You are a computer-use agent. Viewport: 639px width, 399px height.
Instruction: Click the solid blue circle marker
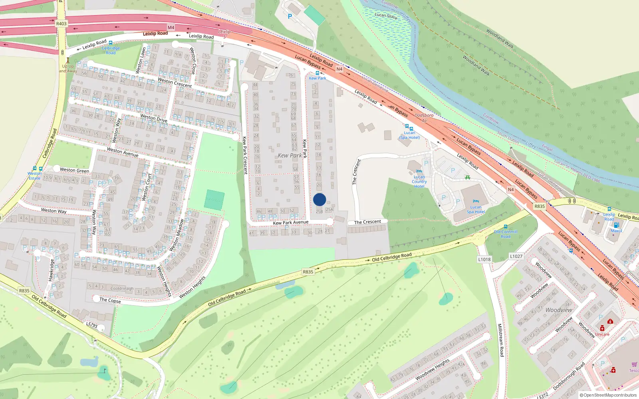pyautogui.click(x=319, y=199)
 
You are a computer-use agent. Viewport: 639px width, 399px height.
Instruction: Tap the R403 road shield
pyautogui.click(x=61, y=24)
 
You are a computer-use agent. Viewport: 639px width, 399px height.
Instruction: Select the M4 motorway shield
pyautogui.click(x=171, y=28)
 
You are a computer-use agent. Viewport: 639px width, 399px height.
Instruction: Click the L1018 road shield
pyautogui.click(x=484, y=259)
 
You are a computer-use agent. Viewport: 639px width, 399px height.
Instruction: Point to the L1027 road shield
pyautogui.click(x=516, y=256)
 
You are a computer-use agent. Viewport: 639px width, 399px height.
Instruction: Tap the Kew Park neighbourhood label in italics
pyautogui.click(x=290, y=155)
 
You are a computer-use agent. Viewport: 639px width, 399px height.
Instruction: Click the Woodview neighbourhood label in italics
pyautogui.click(x=559, y=310)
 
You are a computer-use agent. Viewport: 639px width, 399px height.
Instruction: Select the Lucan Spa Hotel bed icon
pyautogui.click(x=476, y=201)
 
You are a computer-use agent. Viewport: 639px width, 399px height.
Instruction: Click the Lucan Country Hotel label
pyautogui.click(x=419, y=182)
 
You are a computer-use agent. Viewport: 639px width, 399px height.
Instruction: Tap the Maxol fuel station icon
pyautogui.click(x=616, y=225)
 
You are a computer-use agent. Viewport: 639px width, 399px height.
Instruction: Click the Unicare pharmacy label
pyautogui.click(x=602, y=334)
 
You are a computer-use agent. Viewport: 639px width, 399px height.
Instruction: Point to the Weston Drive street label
pyautogui.click(x=154, y=118)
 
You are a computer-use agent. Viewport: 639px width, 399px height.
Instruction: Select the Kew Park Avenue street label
pyautogui.click(x=291, y=223)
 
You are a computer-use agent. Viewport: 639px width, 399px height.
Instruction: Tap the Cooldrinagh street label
pyautogui.click(x=122, y=288)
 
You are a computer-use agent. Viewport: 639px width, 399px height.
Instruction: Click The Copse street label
pyautogui.click(x=110, y=300)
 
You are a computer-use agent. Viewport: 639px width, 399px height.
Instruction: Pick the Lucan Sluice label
pyautogui.click(x=386, y=16)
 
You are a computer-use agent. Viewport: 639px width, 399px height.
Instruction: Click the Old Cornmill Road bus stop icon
pyautogui.click(x=506, y=227)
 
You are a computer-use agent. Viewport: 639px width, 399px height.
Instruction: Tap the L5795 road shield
pyautogui.click(x=92, y=325)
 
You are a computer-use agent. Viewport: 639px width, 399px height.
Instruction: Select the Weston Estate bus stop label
pyautogui.click(x=34, y=176)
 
